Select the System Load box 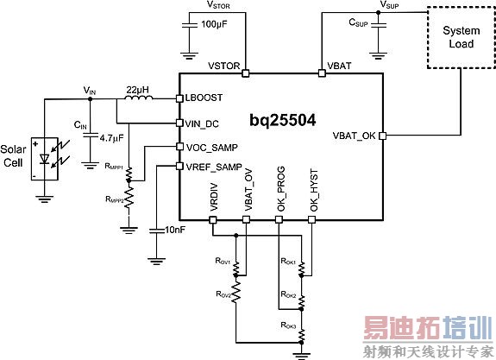pos(460,37)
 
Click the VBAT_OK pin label pos(354,136)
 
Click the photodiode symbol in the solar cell pos(43,158)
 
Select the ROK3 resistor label pos(290,325)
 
